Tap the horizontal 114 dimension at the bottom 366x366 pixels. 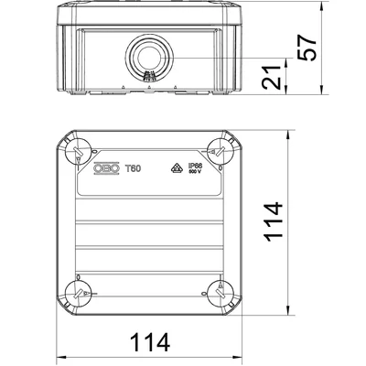coord(147,343)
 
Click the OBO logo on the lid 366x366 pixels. coord(109,166)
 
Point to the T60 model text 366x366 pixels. coord(134,166)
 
